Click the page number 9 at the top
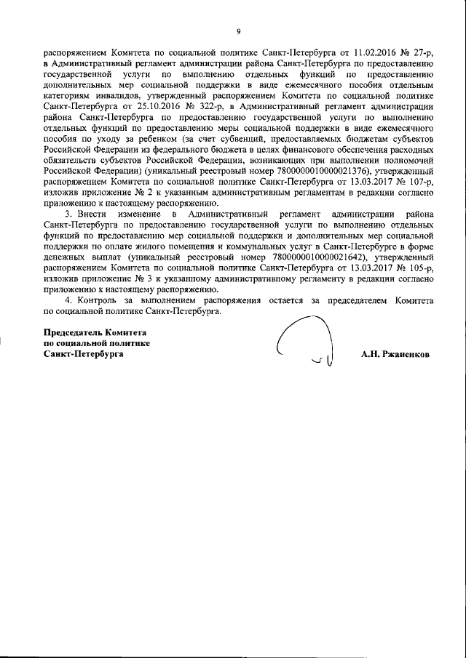[238, 31]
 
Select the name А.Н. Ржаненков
[395, 356]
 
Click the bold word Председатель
[73, 332]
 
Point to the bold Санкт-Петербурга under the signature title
[84, 355]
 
